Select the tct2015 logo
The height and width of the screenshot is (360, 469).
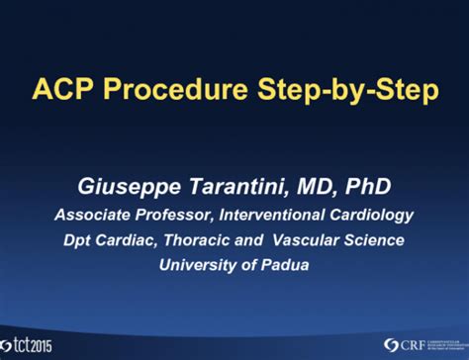[31, 343]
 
